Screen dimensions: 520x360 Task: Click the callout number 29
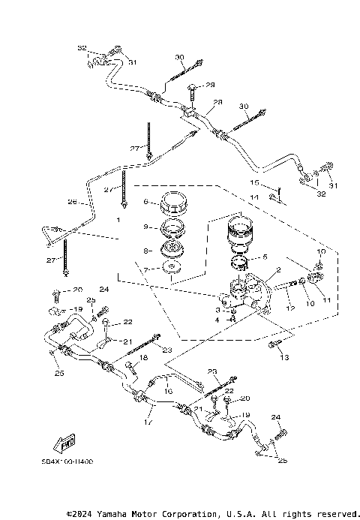tap(211, 85)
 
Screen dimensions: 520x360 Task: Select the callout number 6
tap(147, 202)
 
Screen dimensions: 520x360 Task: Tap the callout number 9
tap(147, 227)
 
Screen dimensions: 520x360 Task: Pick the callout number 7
tap(147, 269)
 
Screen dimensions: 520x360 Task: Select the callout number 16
tap(168, 391)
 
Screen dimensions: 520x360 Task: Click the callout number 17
tap(148, 422)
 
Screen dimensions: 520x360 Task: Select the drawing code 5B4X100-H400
tap(67, 462)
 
